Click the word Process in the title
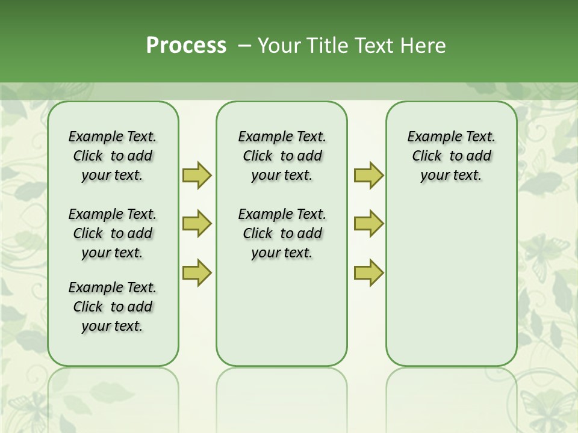pos(186,46)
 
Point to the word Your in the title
pos(279,46)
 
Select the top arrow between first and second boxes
pos(197,175)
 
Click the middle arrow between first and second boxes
pos(197,224)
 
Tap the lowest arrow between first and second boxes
pos(197,272)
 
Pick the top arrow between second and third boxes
pos(368,175)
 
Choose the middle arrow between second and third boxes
pos(368,224)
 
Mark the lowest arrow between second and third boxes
pos(368,272)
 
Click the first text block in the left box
pos(113,156)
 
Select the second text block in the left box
pos(113,233)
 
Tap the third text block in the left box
pos(113,307)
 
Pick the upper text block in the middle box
pos(282,156)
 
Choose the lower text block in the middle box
pos(282,233)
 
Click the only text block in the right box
pos(451,156)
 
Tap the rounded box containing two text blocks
pos(282,313)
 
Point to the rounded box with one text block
pos(451,271)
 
